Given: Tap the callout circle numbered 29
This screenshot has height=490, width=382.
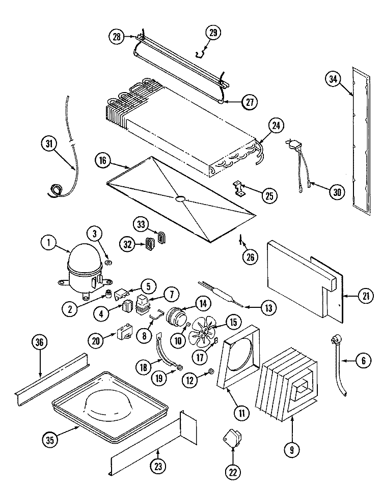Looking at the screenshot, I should pyautogui.click(x=213, y=34).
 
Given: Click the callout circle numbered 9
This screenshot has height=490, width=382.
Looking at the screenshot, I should pyautogui.click(x=292, y=450).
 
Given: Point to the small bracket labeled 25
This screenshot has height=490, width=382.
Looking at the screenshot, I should pyautogui.click(x=238, y=188).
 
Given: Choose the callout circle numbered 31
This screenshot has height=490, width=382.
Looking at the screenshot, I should pyautogui.click(x=48, y=144).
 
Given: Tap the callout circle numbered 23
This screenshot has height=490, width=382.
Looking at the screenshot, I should pyautogui.click(x=158, y=464).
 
